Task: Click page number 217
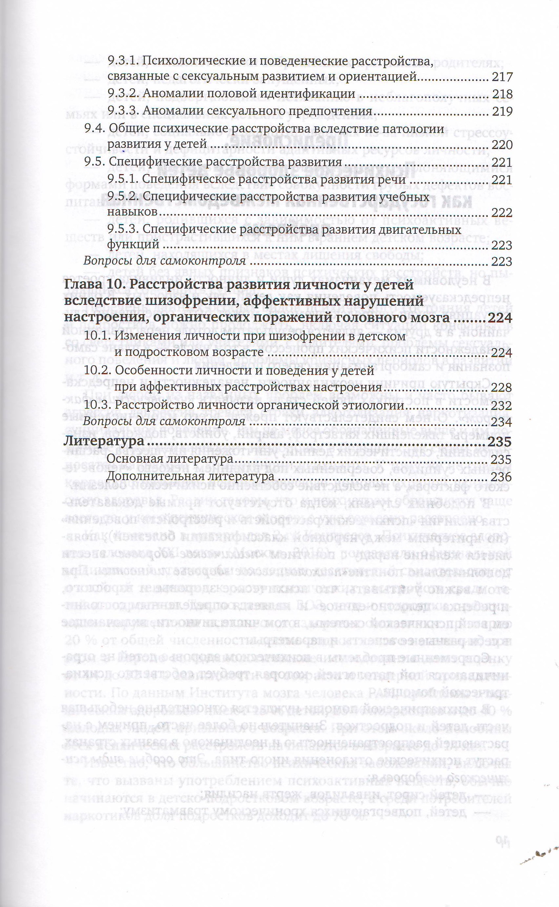[502, 77]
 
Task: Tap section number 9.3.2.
[123, 94]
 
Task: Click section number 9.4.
[95, 128]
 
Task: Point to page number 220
[502, 145]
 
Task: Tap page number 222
[502, 213]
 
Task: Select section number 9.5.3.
[123, 230]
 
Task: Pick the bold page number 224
[500, 318]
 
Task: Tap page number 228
[502, 388]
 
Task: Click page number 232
[502, 406]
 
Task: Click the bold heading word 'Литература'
[104, 441]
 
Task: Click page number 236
[502, 477]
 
